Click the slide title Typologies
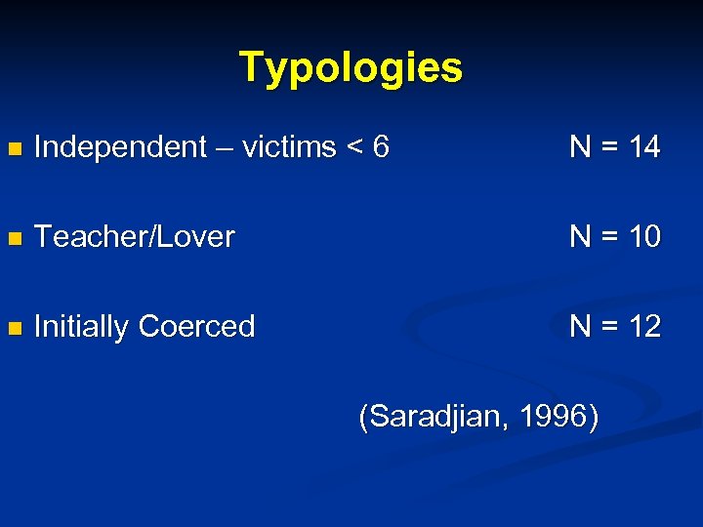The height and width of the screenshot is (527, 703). (351, 67)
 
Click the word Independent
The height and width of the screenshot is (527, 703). (120, 148)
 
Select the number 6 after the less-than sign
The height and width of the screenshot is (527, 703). (381, 147)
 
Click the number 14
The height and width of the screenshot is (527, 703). (644, 147)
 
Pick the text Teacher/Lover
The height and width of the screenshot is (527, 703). (134, 237)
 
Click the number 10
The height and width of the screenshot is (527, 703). (644, 236)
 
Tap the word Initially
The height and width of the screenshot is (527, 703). (82, 327)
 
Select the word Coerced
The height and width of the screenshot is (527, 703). (198, 326)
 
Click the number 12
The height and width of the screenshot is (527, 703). (644, 326)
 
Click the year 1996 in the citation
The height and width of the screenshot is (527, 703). (554, 418)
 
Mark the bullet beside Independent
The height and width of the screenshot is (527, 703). (13, 149)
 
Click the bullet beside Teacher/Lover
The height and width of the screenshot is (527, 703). (13, 238)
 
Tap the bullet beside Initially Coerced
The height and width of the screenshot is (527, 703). (13, 328)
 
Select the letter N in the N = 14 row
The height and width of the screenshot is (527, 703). (580, 147)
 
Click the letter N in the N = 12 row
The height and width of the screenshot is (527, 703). (580, 326)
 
